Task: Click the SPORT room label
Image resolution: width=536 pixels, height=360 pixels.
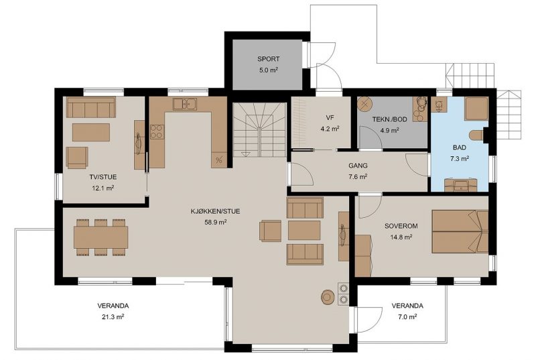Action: coord(269,59)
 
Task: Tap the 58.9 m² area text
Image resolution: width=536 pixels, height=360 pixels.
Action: coord(216,222)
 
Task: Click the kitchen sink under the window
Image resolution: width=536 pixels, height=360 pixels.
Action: coord(185,104)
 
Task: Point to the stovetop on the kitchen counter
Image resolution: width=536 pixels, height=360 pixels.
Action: coord(157,131)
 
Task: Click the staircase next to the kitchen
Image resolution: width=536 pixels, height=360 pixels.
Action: coord(259,130)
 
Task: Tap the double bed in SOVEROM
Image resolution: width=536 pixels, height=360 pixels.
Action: coord(460,231)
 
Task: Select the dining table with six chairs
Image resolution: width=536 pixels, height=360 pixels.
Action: coord(101,237)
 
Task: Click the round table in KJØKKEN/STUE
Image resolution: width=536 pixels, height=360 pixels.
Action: coord(328,297)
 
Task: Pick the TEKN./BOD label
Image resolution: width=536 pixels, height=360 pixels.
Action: coord(390,119)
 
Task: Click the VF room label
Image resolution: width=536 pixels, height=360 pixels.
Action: coord(330,118)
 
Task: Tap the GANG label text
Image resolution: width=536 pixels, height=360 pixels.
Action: coord(358,166)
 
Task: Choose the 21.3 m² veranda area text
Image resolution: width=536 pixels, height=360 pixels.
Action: coord(113,317)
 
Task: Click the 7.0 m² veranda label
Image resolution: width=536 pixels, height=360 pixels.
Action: coord(407,317)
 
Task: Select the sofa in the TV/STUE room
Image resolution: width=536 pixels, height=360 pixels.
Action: coord(91,107)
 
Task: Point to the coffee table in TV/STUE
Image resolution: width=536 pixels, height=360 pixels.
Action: coord(91,132)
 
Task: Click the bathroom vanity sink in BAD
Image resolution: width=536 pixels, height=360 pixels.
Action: coord(461,185)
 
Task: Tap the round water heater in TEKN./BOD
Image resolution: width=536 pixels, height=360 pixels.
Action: coord(365,104)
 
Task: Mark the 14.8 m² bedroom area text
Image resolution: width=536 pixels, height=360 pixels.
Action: coord(401,237)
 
